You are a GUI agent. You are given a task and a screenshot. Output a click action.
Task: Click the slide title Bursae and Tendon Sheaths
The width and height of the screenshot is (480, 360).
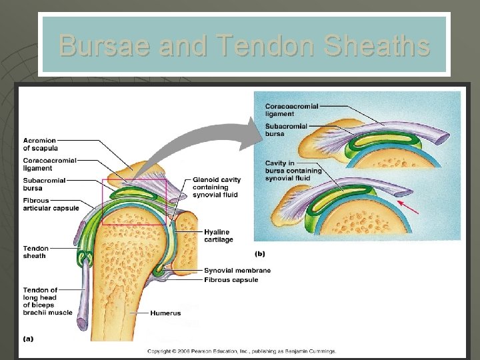click(x=244, y=45)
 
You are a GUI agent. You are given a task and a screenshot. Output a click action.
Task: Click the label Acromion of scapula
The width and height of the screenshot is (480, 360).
click(x=39, y=144)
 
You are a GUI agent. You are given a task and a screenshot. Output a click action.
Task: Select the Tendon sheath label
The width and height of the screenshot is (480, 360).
click(x=35, y=252)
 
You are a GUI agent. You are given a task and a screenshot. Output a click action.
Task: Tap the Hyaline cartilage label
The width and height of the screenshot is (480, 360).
click(x=218, y=235)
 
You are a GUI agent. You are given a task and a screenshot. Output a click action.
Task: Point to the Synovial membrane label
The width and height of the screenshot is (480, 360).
click(x=237, y=270)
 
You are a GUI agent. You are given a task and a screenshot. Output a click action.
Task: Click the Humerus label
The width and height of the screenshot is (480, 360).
click(x=165, y=313)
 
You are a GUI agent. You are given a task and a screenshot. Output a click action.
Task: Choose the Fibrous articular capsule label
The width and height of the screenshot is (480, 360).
click(x=51, y=204)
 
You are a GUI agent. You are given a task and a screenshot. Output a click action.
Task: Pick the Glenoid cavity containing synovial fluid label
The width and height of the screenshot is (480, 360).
click(x=217, y=187)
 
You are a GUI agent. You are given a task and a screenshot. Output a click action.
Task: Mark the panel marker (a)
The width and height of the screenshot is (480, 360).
click(x=29, y=339)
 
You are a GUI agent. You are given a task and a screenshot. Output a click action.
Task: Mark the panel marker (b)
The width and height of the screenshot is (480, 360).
click(x=259, y=254)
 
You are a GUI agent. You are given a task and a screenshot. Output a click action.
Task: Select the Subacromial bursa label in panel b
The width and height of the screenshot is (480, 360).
click(x=286, y=130)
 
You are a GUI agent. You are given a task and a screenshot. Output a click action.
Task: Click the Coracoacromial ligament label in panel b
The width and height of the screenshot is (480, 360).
click(x=291, y=110)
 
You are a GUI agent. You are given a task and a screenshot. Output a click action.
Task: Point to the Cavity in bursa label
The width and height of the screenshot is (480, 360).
click(x=293, y=171)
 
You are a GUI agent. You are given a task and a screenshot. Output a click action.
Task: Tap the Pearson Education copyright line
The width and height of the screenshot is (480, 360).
click(x=241, y=351)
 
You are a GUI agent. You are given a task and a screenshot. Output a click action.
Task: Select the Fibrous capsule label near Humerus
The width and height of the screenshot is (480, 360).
click(x=231, y=280)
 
